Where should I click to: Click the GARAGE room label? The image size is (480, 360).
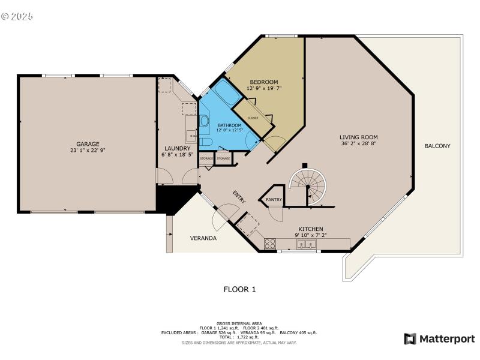coord(88,144)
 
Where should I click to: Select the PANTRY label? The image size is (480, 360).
coord(274,200)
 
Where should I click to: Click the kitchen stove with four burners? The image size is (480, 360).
coord(271,244)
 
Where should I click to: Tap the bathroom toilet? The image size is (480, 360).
coord(205,142)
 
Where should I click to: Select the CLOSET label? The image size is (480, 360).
coord(253,118)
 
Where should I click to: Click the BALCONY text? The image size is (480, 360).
coord(437,146)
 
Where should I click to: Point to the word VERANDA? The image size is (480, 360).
coord(203,238)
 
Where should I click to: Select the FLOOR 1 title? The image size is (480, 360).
coord(239,289)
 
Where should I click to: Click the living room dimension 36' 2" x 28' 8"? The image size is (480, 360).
coord(359,144)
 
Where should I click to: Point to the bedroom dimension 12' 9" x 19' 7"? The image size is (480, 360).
coord(264,88)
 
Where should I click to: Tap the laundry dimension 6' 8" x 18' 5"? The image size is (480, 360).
coord(178,155)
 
